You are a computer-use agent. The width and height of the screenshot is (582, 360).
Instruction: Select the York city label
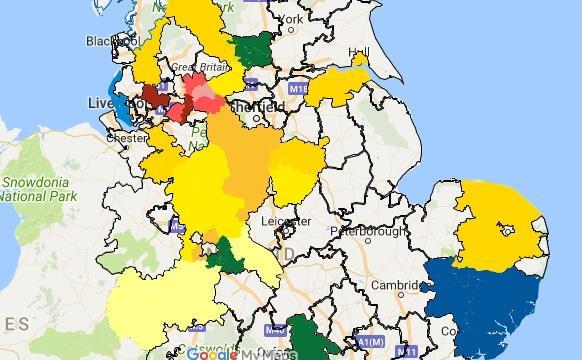pos(291,19)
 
